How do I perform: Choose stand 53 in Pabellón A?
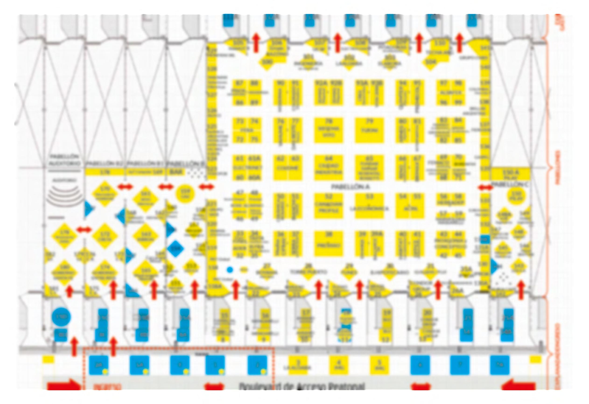369,206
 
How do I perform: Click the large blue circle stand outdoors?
61,317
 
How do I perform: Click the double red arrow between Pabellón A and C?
485,188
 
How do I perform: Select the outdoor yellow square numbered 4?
339,365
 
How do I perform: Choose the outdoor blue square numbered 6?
420,365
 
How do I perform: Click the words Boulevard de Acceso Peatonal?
302,387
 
